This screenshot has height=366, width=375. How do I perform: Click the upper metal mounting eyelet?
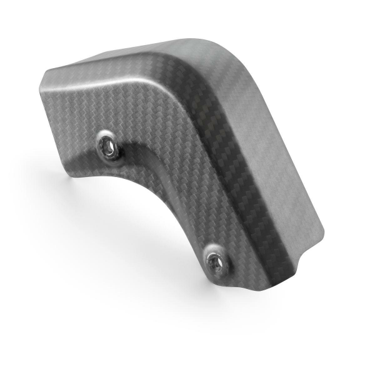107,146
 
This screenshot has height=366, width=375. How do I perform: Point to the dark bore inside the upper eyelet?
108,147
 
